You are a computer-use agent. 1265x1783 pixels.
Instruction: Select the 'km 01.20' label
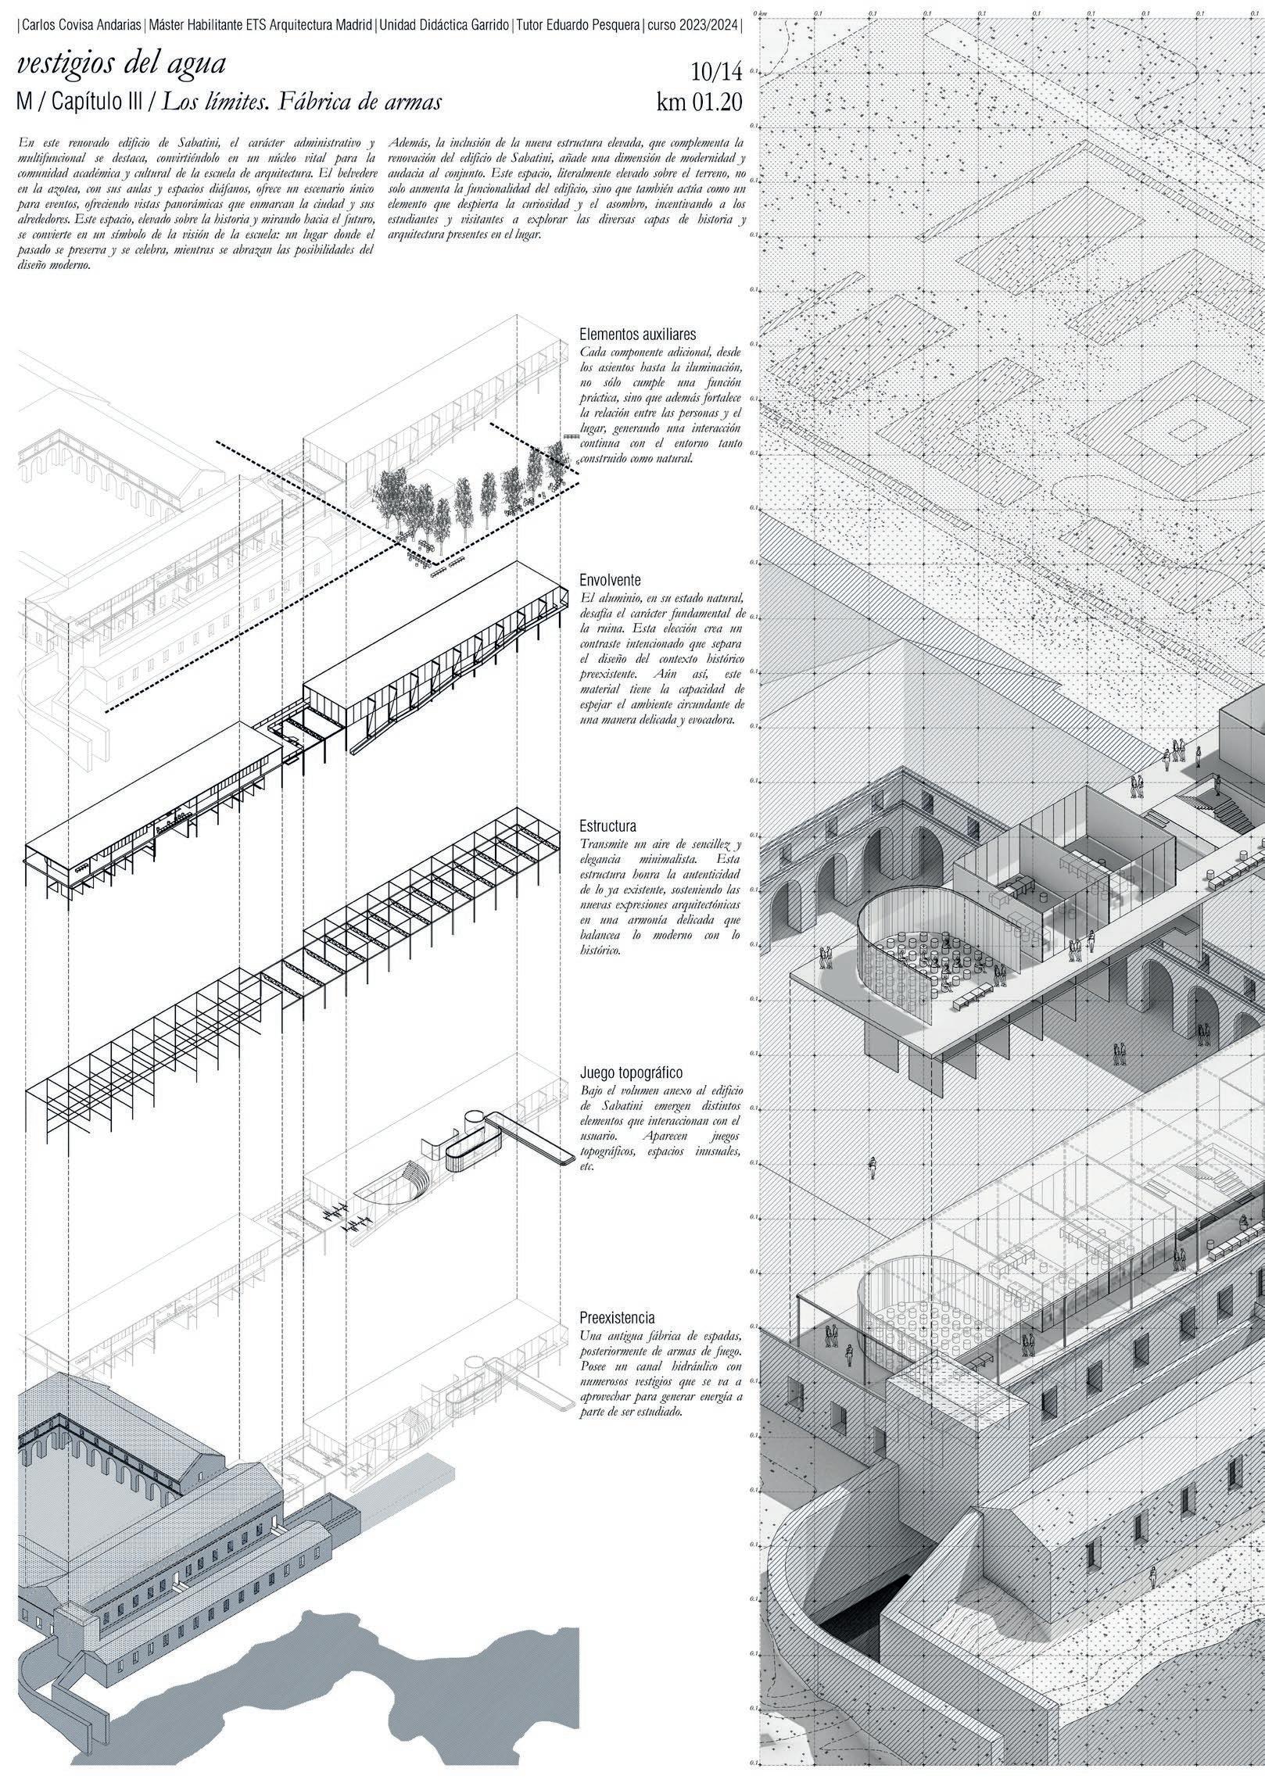[x=699, y=102]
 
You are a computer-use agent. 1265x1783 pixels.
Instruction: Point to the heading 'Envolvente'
[x=611, y=581]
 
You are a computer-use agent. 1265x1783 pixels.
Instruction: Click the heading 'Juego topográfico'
[x=632, y=1073]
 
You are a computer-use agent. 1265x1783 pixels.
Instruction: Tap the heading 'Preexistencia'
[x=617, y=1317]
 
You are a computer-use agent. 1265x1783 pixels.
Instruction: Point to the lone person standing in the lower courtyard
[x=873, y=1169]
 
